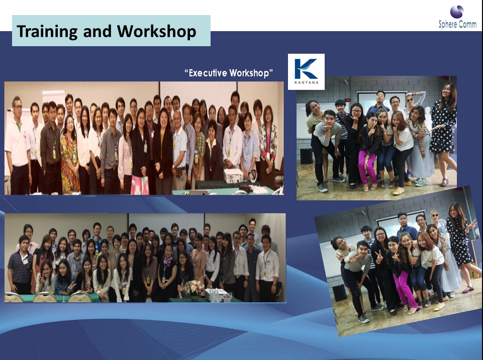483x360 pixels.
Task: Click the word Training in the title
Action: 47,32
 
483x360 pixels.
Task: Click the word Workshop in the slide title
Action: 156,32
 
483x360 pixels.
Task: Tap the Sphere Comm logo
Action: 457,18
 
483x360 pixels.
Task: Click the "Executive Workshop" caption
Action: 229,73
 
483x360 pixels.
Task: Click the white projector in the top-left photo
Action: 233,176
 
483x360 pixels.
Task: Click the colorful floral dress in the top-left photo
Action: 70,163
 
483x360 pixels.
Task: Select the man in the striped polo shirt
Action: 20,265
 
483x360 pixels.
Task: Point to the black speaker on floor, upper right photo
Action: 306,156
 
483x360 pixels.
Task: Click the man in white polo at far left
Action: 18,145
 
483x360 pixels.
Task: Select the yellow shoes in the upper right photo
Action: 398,191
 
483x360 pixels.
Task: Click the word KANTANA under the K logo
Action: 306,82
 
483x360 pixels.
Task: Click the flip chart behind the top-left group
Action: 53,98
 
